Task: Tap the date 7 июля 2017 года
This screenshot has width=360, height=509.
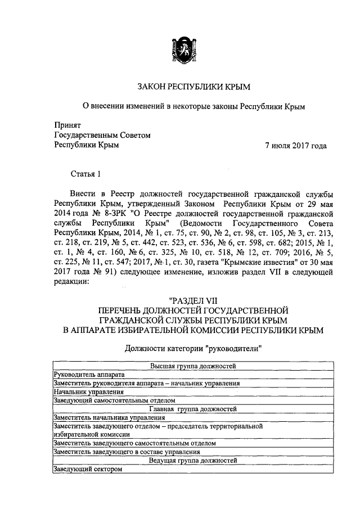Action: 296,145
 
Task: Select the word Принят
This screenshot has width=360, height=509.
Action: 67,125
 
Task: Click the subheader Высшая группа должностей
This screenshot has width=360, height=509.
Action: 193,366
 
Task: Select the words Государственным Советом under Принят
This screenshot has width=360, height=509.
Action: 102,135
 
